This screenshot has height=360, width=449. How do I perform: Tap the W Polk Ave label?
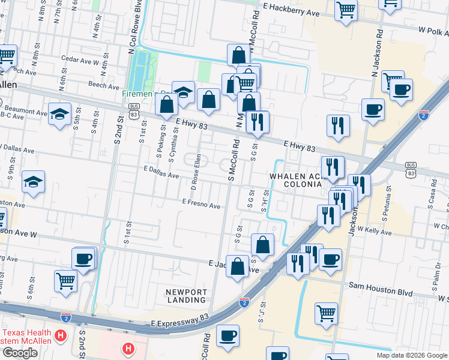point(434,29)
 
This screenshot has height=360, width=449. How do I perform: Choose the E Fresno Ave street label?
point(201,205)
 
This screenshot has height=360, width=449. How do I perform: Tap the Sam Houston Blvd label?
point(381,292)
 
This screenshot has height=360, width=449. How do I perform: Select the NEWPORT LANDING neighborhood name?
point(187,296)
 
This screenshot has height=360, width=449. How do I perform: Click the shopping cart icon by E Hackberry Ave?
point(346,10)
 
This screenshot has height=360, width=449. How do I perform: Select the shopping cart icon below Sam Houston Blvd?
point(326,312)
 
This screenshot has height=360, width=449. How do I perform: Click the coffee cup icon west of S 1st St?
point(84,259)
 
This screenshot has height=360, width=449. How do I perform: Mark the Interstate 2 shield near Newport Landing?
point(244,302)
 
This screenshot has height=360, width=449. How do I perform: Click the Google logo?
point(20,353)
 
